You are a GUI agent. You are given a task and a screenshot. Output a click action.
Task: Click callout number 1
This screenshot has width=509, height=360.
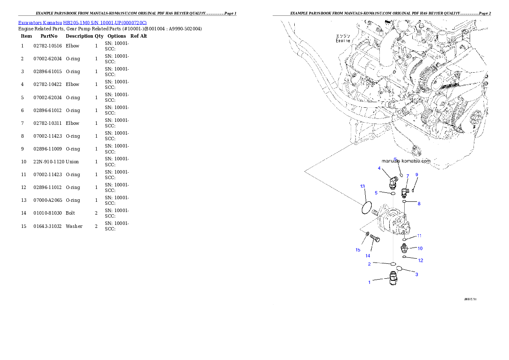[370, 282]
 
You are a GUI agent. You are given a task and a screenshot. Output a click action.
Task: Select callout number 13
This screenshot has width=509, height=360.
[362, 186]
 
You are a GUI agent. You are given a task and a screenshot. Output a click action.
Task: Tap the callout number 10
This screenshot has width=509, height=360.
[420, 248]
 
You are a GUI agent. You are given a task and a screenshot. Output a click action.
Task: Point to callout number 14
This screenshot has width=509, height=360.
[367, 256]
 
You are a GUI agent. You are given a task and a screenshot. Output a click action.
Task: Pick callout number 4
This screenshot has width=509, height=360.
[379, 168]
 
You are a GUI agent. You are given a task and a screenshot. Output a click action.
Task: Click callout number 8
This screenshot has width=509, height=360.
[419, 204]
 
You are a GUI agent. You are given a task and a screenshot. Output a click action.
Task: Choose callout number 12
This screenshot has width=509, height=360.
[420, 260]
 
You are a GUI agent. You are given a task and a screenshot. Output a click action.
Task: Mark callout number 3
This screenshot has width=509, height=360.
[417, 274]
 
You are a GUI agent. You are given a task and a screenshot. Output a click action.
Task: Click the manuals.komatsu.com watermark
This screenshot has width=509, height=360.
[406, 161]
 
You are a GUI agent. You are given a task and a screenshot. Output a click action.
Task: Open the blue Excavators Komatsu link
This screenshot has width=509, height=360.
[82, 22]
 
